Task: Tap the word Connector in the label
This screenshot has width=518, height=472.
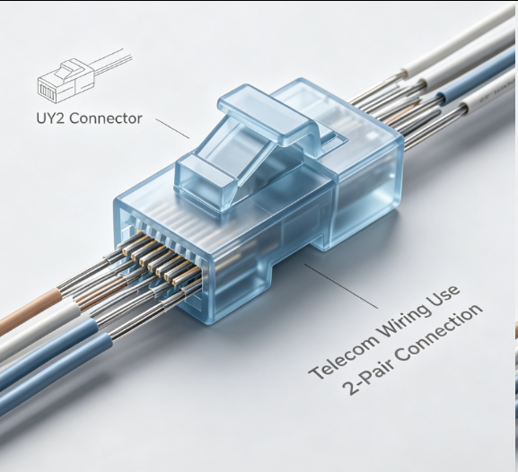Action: pos(106,118)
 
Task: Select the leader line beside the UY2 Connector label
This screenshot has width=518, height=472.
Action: pos(172,129)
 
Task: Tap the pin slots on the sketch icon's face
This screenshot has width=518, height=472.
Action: pos(47,91)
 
